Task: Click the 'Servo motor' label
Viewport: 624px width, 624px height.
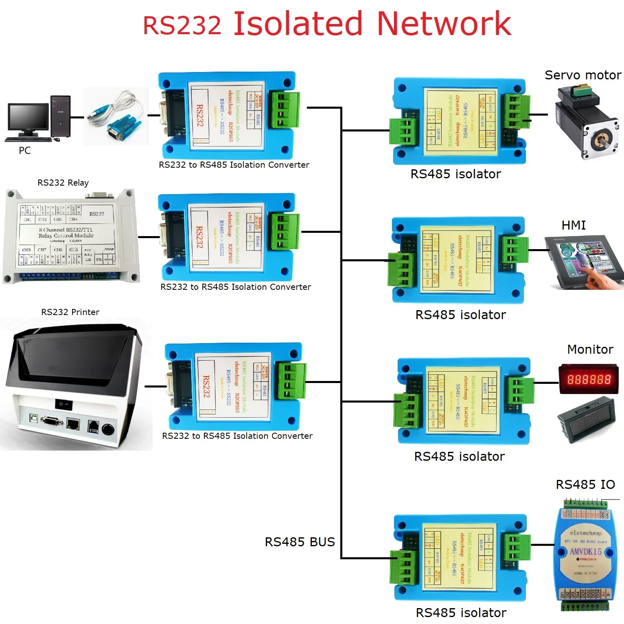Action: (582, 75)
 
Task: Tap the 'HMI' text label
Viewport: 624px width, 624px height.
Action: (573, 225)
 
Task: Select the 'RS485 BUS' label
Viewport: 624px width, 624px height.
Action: (300, 542)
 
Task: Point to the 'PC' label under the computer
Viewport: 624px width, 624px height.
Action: (24, 151)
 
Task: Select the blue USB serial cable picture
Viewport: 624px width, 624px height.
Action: (116, 116)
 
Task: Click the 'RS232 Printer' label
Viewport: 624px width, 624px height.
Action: (70, 312)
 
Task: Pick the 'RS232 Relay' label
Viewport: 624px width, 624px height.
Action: (63, 183)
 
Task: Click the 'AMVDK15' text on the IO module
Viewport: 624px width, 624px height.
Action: (585, 552)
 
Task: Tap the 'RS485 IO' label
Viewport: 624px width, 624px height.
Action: (585, 484)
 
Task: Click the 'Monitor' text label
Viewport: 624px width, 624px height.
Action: (590, 349)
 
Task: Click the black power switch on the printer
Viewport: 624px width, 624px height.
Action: (63, 404)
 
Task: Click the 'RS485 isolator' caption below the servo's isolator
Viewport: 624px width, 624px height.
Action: (455, 174)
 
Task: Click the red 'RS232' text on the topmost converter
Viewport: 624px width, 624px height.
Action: (200, 116)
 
